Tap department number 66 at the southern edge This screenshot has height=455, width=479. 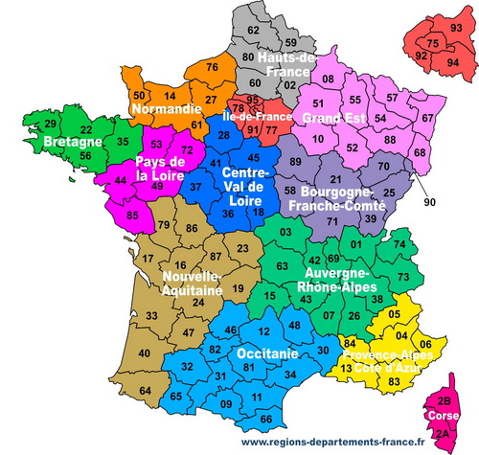265,419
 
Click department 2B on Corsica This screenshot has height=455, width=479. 444,400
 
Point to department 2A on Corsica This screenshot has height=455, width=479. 443,434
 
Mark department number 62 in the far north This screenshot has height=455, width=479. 253,30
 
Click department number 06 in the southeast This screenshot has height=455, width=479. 426,346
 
